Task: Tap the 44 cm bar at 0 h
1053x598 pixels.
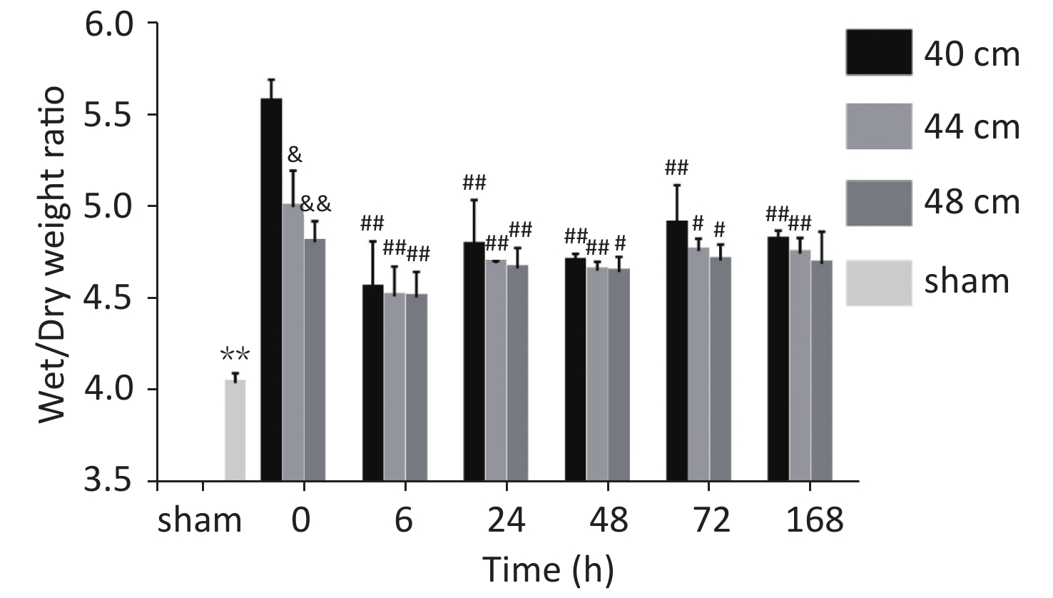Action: click(x=292, y=343)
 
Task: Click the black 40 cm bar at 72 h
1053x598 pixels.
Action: click(x=676, y=350)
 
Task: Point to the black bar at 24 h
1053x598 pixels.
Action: click(x=474, y=361)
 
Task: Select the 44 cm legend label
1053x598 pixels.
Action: click(x=972, y=128)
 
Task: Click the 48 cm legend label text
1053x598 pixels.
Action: click(x=972, y=203)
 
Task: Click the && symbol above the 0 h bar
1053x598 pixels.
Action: click(x=315, y=204)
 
